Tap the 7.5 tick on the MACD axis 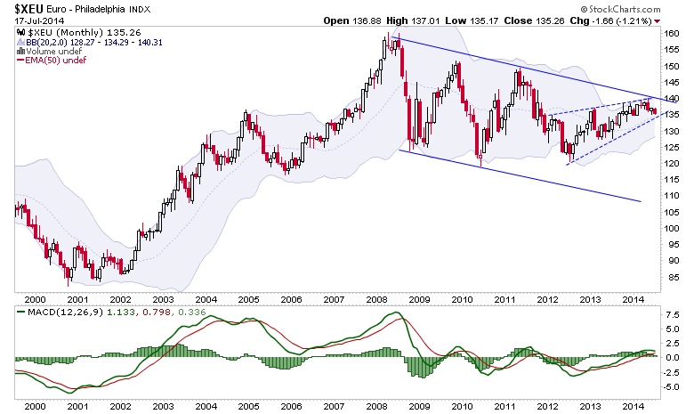pyautogui.click(x=673, y=314)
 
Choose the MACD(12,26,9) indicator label pyautogui.click(x=48, y=312)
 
